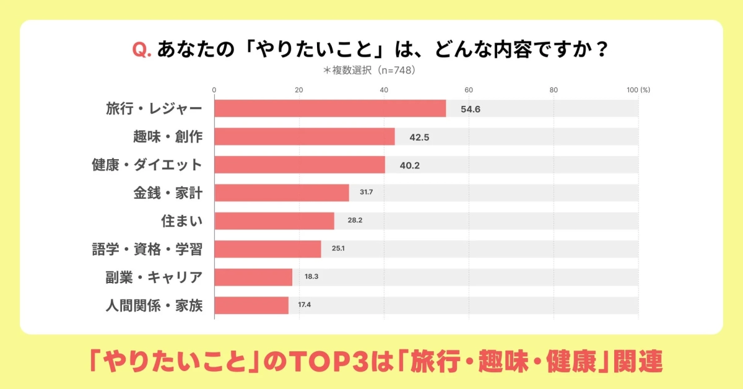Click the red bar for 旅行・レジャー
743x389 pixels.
click(330, 108)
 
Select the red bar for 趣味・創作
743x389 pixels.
click(304, 136)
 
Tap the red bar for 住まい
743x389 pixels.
click(274, 221)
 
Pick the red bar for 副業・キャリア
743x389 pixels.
click(253, 277)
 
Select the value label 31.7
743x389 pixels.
click(366, 193)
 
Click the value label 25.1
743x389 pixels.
click(338, 249)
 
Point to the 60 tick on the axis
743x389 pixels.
click(469, 90)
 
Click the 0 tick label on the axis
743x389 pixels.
click(214, 90)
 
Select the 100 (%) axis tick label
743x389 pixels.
click(638, 90)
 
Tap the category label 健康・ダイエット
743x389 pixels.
click(147, 165)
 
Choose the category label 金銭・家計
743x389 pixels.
click(167, 193)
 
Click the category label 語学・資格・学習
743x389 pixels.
click(147, 249)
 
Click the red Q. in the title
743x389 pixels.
click(142, 49)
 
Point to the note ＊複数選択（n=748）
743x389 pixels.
click(368, 70)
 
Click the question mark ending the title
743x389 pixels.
click(601, 49)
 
